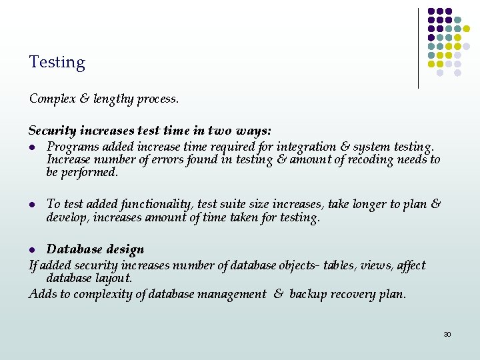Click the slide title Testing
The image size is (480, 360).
point(57,63)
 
